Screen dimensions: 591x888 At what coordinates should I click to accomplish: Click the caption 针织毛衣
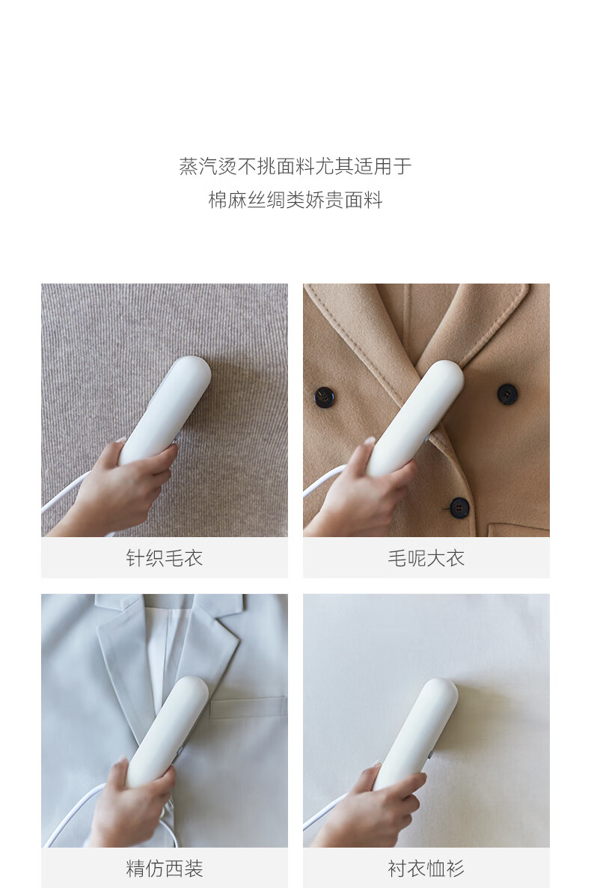click(164, 558)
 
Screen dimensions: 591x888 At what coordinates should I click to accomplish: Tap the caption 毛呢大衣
click(426, 558)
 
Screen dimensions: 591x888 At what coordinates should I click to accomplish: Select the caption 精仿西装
click(164, 869)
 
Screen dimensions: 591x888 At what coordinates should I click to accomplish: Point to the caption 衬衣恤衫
click(426, 869)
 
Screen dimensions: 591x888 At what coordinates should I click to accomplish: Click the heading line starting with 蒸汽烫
click(295, 166)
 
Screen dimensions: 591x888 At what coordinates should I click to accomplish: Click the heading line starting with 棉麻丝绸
click(295, 199)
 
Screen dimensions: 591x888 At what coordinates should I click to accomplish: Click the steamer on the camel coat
click(415, 417)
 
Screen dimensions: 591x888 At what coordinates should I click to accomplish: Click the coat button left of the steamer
click(325, 397)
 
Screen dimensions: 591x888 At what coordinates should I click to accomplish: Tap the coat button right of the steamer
click(507, 394)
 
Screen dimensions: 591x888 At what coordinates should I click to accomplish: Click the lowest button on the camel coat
click(459, 507)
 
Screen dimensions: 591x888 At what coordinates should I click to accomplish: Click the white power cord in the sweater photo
click(65, 494)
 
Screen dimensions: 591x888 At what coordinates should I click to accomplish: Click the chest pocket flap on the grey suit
click(248, 708)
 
